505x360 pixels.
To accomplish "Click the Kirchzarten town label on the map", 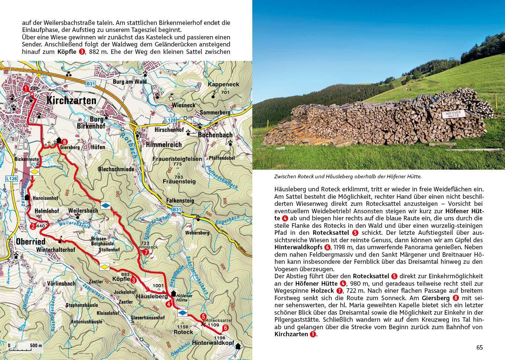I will pyautogui.click(x=71, y=100).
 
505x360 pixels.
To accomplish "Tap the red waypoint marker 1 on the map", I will pyautogui.click(x=26, y=89).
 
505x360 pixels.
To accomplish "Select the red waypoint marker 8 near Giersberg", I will pyautogui.click(x=65, y=142).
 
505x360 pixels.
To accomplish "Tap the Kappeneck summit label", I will pyautogui.click(x=224, y=84).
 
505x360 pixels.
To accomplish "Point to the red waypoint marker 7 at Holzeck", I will pyautogui.click(x=146, y=252).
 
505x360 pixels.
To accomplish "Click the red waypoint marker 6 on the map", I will pyautogui.click(x=225, y=328).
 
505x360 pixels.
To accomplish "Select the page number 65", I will pyautogui.click(x=479, y=347).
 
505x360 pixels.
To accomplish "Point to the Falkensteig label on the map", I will pyautogui.click(x=180, y=201).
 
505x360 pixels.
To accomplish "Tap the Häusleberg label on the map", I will pyautogui.click(x=152, y=296).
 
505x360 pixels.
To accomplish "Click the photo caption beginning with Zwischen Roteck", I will pyautogui.click(x=348, y=177).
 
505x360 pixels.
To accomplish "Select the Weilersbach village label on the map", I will pyautogui.click(x=83, y=211).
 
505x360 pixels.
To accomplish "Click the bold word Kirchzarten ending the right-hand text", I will pyautogui.click(x=291, y=334).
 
